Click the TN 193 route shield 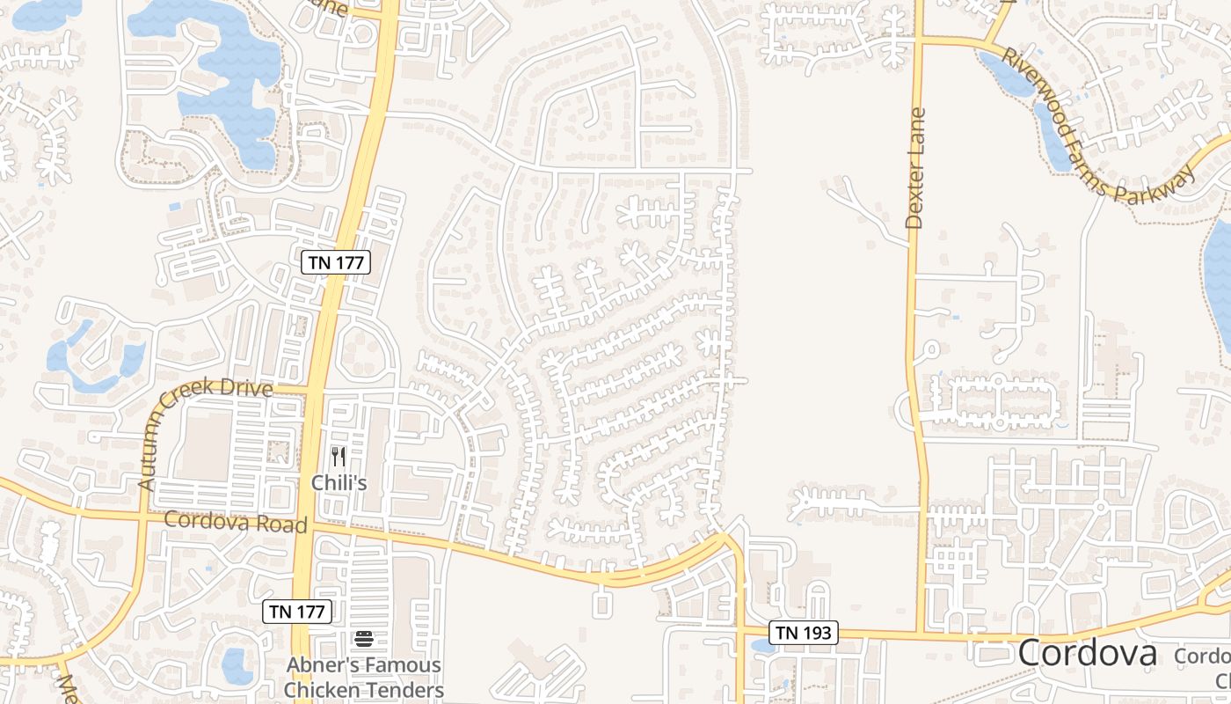click(804, 632)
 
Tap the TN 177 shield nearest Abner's click(298, 612)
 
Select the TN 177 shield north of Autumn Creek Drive click(336, 261)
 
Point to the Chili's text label click(339, 483)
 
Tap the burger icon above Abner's click(364, 639)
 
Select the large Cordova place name click(1087, 654)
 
